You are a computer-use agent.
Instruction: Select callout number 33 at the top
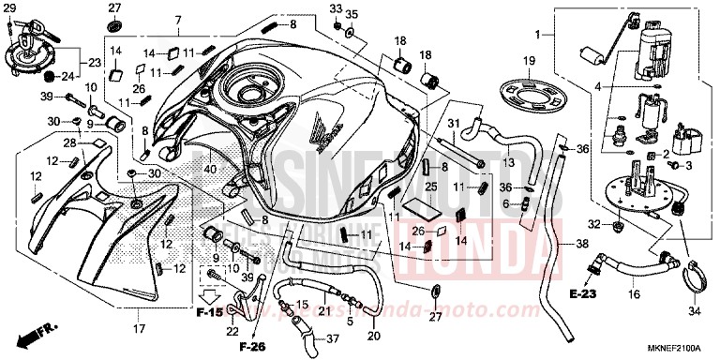336,9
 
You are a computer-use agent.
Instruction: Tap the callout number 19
529,62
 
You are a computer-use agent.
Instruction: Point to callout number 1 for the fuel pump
538,35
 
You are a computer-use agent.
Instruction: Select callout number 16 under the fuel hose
633,294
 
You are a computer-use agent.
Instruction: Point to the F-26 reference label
251,348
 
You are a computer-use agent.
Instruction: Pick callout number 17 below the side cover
139,328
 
